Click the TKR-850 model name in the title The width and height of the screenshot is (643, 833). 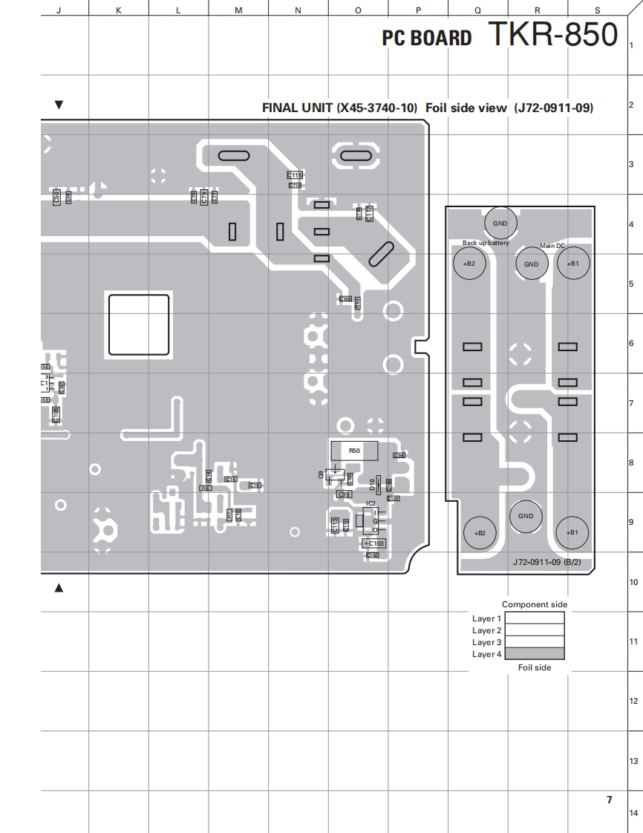(552, 35)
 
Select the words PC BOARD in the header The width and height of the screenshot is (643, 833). (426, 39)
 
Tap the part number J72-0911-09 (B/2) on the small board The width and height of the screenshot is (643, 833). (546, 563)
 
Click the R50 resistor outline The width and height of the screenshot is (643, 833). (354, 451)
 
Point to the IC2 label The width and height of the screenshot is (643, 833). (371, 503)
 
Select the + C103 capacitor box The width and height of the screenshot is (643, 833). (374, 543)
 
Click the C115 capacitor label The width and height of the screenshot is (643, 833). (295, 175)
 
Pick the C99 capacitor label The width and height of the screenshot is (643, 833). (344, 494)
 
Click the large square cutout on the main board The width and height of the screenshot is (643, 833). (139, 324)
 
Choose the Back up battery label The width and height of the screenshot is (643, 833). (486, 243)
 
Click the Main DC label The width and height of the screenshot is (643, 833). (552, 246)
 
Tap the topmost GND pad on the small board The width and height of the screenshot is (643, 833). (500, 223)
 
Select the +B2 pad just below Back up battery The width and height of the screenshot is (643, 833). (469, 264)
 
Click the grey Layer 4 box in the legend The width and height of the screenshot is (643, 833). (534, 654)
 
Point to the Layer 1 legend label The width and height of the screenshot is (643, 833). (486, 618)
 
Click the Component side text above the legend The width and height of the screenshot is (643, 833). (534, 604)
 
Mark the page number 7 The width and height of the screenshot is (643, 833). (609, 800)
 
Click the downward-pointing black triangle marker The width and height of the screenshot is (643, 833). (59, 105)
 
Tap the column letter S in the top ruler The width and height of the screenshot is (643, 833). (597, 10)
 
